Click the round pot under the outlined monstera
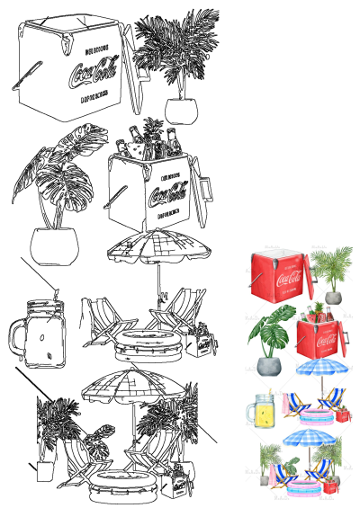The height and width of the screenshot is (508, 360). pos(52,243)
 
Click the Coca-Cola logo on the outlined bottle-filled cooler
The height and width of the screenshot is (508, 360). pos(166,192)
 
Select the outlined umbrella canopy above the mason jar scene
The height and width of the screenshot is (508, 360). pos(162,247)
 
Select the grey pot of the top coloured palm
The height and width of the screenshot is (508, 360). pos(333,297)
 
